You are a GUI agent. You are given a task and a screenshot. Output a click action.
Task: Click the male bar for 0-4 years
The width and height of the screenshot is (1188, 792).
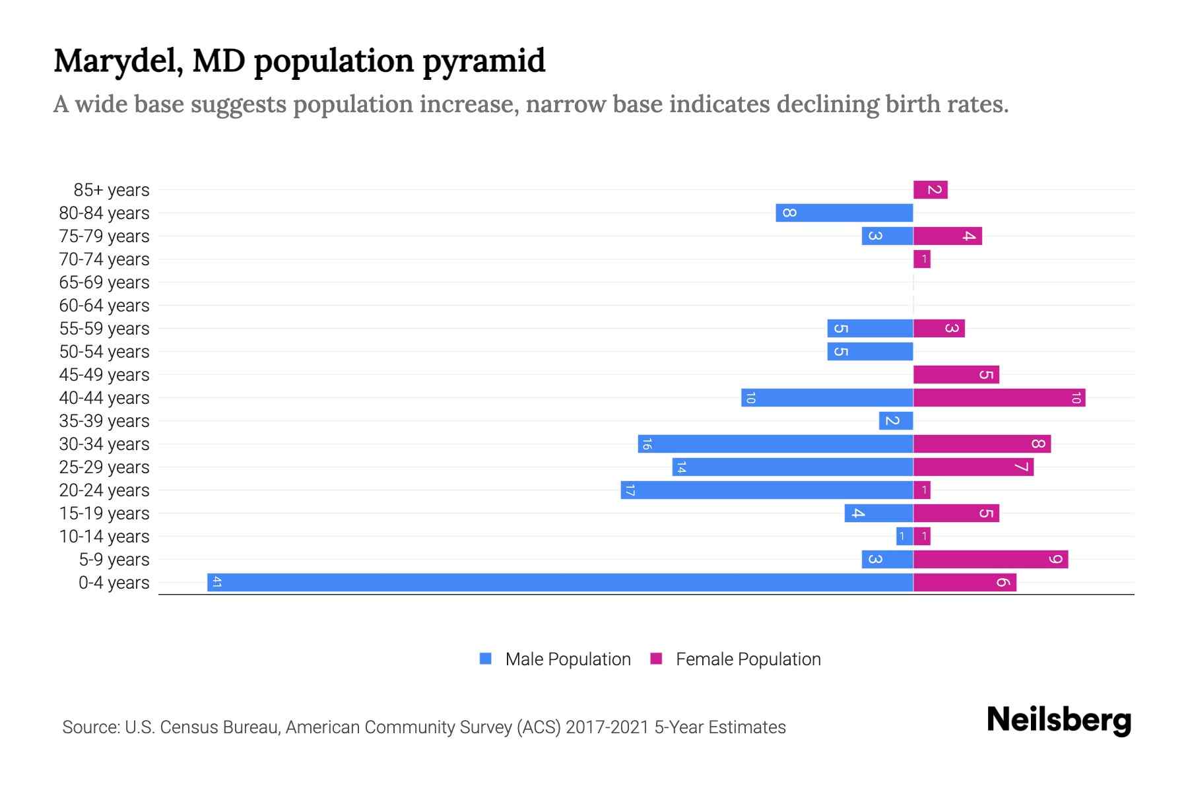coord(560,582)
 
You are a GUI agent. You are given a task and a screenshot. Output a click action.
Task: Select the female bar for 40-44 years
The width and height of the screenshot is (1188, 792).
coord(999,397)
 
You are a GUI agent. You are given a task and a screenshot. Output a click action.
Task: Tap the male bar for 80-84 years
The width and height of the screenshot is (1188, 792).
coord(844,213)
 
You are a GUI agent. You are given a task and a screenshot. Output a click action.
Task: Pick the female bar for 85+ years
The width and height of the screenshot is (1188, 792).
coord(931,189)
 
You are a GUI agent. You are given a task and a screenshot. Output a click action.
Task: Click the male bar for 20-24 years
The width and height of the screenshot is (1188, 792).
coord(767,490)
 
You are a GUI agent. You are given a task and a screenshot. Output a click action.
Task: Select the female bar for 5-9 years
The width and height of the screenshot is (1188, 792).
coord(991,559)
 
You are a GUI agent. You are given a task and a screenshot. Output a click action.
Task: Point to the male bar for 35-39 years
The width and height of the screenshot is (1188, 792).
coord(896,420)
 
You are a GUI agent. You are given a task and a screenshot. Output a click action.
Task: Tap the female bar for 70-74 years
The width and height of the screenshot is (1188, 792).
coord(922,259)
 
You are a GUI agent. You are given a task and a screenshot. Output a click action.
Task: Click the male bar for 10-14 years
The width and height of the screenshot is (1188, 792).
coord(904,536)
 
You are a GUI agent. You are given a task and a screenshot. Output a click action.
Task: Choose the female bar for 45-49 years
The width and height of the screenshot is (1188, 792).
coord(956,374)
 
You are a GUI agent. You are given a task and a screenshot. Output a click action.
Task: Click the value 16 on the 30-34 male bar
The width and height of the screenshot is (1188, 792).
coord(647,444)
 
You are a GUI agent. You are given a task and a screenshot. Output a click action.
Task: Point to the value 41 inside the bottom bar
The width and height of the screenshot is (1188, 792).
coord(216,582)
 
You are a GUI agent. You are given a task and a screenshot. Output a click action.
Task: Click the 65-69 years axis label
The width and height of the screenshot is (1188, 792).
coord(104,282)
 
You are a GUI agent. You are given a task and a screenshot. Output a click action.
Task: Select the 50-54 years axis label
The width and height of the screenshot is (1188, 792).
coord(104,352)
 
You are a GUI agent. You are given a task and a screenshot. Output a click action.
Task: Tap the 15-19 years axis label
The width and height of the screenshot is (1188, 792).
coord(104,513)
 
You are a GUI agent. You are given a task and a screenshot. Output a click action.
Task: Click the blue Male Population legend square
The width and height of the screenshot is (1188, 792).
coord(486,659)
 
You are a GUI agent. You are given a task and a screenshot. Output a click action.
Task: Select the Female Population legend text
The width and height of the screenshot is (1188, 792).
coord(748,659)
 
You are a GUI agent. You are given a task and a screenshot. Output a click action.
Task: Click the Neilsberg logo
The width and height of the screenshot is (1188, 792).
coord(1059,720)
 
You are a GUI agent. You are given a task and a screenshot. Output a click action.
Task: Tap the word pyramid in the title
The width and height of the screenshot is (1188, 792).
coord(484,61)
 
